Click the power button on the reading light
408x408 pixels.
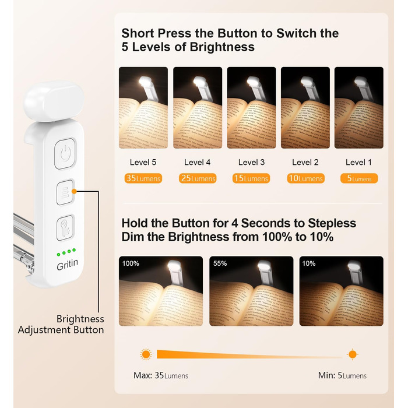pos(65,154)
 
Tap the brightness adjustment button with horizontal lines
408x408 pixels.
pos(65,192)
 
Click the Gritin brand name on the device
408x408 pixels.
pos(67,265)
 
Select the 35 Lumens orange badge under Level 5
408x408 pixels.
pos(143,178)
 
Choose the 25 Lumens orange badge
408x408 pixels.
pos(198,178)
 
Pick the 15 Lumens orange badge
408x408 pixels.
pos(251,178)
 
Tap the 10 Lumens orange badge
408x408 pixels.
pos(306,178)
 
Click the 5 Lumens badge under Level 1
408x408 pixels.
pos(359,178)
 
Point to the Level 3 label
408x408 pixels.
pos(251,163)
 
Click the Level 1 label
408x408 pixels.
pos(358,163)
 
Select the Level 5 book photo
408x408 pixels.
pos(143,108)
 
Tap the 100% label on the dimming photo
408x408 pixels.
pos(131,263)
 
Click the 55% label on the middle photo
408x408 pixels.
pos(220,263)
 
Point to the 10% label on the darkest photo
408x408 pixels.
pos(309,263)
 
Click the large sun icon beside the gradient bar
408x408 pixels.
pos(146,354)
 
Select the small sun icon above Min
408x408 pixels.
pos(353,354)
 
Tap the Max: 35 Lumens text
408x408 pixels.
pos(161,375)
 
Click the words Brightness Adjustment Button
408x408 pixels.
pos(61,324)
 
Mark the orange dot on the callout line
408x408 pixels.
pos(74,191)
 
